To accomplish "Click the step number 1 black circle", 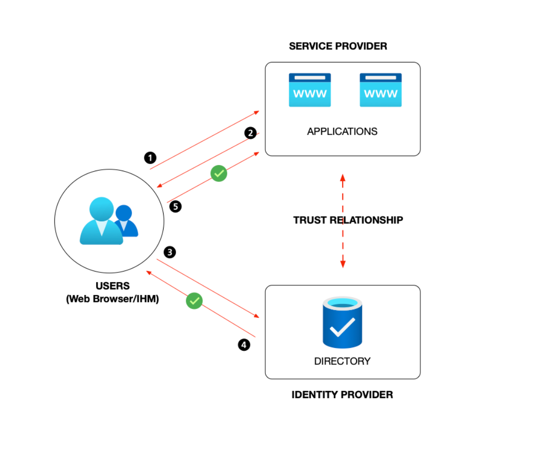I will coord(150,158).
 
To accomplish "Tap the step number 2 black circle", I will coord(251,133).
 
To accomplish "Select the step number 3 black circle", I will coord(170,252).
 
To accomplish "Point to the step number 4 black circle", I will coord(243,345).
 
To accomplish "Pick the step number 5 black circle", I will coord(175,207).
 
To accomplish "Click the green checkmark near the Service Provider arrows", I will coord(218,173).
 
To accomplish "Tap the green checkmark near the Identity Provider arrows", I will coord(194,301).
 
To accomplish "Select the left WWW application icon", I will coord(310,90).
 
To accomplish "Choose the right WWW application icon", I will coord(381,90).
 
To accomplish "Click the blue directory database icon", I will coord(343,323).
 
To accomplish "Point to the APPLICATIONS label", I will coord(342,132).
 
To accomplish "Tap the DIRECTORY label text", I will coord(342,361).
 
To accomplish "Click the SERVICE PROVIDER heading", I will coord(338,46).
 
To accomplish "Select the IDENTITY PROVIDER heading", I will coord(342,395).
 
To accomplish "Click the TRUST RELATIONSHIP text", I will coord(348,220).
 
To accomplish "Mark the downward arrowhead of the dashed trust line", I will coord(343,264).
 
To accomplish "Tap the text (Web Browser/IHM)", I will coord(112,299).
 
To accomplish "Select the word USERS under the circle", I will coord(112,286).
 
